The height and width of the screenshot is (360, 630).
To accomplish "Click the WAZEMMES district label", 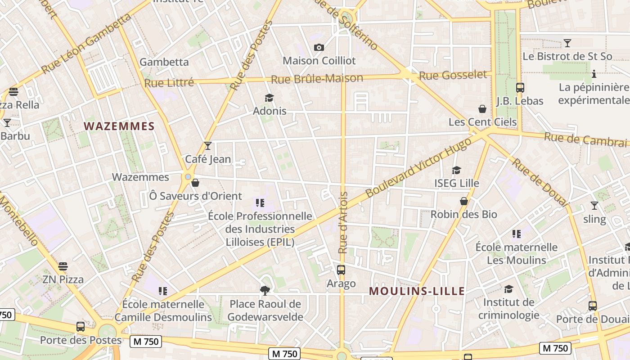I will (x=119, y=126).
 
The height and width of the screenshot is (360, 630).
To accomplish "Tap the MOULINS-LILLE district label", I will (x=417, y=291).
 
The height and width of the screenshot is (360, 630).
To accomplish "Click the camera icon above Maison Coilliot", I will (x=319, y=47).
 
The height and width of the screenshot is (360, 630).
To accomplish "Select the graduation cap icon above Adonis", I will (x=269, y=98).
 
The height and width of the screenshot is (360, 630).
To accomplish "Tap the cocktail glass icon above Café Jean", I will (x=207, y=145).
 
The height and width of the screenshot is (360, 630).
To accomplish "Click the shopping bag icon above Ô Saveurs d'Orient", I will (x=195, y=183).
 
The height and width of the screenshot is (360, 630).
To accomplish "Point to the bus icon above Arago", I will (x=341, y=270).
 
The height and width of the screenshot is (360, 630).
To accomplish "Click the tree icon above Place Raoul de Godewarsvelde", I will (x=265, y=291).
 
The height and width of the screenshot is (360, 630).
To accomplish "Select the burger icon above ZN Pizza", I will (x=63, y=266).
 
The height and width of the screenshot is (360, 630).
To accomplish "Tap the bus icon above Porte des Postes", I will (x=81, y=326).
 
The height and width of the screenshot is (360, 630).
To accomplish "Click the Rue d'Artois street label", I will (x=343, y=223).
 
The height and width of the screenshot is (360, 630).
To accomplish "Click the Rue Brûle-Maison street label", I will (x=317, y=79).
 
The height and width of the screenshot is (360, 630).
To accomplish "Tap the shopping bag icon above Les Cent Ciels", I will (x=482, y=109).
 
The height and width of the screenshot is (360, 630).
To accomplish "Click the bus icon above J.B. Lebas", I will (x=520, y=88).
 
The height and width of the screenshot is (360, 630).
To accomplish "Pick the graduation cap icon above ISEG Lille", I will (x=456, y=170).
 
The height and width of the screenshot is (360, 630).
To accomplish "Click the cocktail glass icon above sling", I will (x=594, y=206).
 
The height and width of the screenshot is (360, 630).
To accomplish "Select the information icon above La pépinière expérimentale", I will (x=594, y=74).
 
